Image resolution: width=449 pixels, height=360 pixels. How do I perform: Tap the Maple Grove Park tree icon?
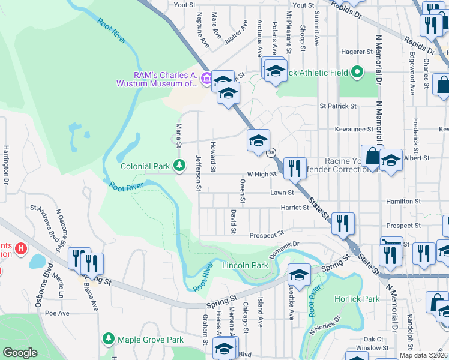click(x=108, y=340)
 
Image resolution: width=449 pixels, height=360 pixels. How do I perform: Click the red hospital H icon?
click(x=22, y=248)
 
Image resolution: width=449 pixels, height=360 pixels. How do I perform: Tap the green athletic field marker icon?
click(x=357, y=73)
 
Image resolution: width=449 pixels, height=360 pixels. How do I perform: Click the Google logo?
click(x=20, y=353)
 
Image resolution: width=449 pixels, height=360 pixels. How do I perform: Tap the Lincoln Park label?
click(x=245, y=265)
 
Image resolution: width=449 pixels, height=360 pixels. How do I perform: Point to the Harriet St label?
click(x=294, y=208)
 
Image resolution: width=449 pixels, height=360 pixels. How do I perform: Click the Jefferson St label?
click(x=197, y=172)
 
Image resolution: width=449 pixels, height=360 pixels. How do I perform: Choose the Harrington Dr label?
click(x=7, y=164)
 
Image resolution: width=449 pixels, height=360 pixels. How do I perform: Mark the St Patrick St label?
click(x=338, y=106)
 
